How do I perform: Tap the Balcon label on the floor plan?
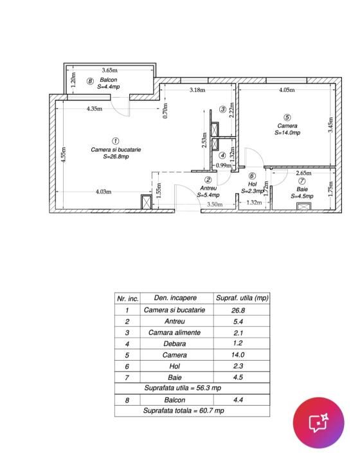[x=108, y=80]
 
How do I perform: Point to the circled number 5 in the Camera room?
[x=287, y=117]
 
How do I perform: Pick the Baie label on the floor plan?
[x=301, y=189]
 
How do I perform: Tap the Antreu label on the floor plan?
[x=208, y=188]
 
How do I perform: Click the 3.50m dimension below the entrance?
[x=214, y=204]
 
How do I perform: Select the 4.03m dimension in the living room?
[x=103, y=191]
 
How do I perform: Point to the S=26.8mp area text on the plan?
[x=116, y=156]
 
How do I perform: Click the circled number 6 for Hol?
[x=252, y=176]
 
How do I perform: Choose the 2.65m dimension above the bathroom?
[x=303, y=173]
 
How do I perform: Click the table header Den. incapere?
[x=174, y=298]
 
